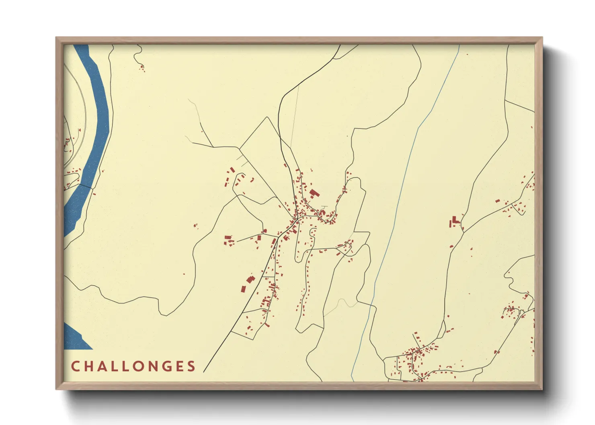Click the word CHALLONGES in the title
(133, 366)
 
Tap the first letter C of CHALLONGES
(75, 366)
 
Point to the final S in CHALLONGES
(192, 366)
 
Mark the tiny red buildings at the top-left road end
(142, 68)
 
